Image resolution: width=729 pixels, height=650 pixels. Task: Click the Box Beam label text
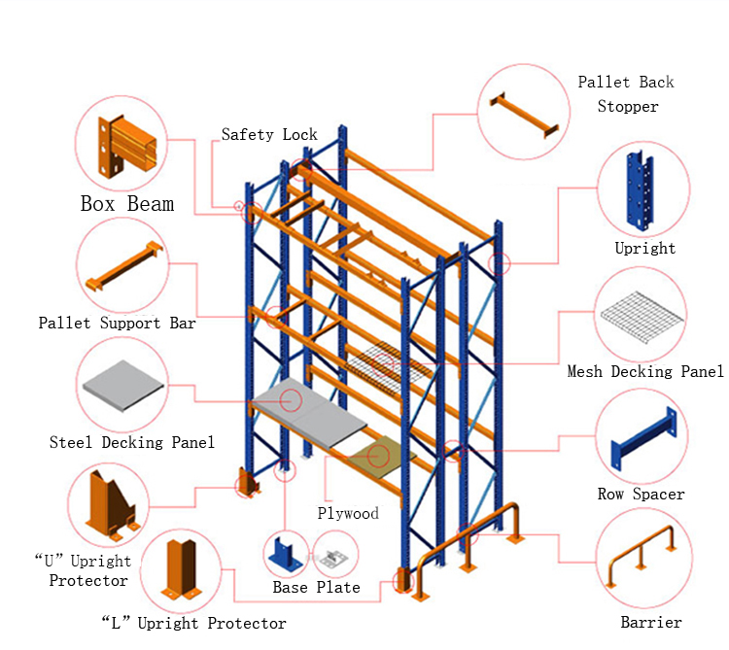coord(127,204)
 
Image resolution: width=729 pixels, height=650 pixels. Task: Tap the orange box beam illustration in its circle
coord(123,146)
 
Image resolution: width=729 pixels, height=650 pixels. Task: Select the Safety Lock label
coord(269,135)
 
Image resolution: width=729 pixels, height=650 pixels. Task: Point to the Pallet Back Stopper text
coord(626,94)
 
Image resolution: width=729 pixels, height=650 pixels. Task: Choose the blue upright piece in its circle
coord(642,190)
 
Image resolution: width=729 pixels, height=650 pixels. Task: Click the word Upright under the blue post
coord(644,249)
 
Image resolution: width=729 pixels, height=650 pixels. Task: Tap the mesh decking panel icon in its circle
coord(642,317)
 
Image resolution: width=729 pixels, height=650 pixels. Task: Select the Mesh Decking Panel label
coord(645,372)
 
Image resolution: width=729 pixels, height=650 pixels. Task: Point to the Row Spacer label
coord(641,495)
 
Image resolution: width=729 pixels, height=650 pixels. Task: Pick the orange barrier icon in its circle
coord(642,562)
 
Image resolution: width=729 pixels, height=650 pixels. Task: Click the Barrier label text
coord(651,622)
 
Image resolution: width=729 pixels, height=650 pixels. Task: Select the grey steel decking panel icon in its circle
coord(123,387)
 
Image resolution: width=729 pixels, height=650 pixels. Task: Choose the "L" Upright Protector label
coord(193,623)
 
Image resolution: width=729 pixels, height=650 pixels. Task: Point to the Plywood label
coord(348,513)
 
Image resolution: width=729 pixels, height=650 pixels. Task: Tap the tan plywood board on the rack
coord(377,455)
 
